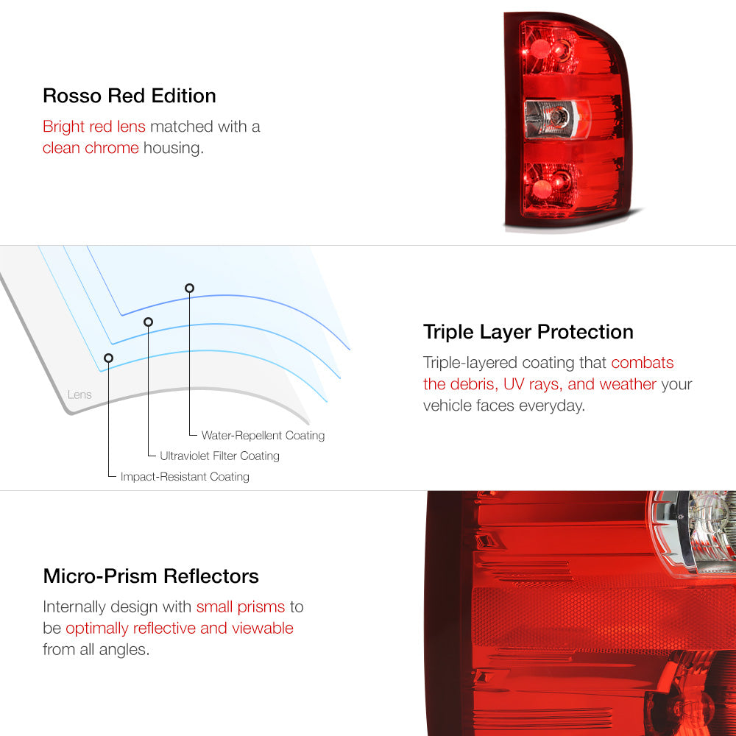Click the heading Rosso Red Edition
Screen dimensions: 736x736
click(129, 96)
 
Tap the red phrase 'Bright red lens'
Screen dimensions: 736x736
click(94, 127)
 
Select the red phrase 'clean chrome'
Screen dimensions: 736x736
click(91, 148)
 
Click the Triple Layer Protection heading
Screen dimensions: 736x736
click(528, 333)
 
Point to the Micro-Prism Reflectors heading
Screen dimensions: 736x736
click(151, 576)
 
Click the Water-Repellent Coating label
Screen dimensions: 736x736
click(263, 436)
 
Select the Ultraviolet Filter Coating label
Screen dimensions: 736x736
click(219, 456)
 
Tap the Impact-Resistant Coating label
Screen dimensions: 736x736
click(185, 476)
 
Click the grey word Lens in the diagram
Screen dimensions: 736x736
click(79, 394)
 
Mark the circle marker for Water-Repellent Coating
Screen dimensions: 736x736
click(189, 289)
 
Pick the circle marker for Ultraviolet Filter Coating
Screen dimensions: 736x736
click(149, 322)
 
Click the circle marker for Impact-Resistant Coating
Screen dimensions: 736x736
click(108, 358)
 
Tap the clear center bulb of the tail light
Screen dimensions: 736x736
click(557, 117)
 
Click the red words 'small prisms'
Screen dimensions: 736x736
click(241, 607)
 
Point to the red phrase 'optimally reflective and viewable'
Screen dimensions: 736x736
click(180, 628)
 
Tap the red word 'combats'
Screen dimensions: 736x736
click(642, 363)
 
